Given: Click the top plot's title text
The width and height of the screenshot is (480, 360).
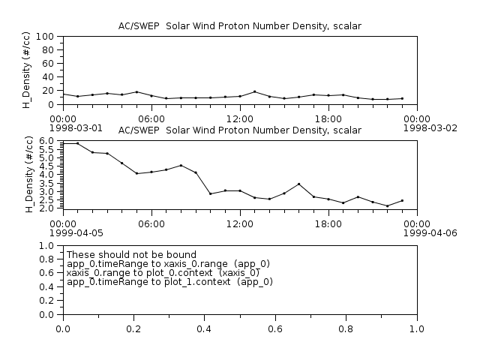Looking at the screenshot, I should (x=240, y=25).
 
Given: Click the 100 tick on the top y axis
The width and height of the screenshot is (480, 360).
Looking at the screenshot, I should (x=43, y=37).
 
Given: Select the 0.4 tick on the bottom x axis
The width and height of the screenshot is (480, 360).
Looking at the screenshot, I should (x=205, y=328).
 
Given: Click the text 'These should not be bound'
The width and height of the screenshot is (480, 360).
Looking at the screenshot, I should (x=132, y=255).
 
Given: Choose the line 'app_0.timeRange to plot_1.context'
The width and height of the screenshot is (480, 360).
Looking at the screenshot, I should (x=170, y=282).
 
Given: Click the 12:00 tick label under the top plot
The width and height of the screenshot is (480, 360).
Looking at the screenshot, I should (x=240, y=118).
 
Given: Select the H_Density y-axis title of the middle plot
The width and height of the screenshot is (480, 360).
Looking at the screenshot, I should (x=29, y=175).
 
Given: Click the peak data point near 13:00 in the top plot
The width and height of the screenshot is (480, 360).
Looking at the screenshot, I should (x=255, y=91).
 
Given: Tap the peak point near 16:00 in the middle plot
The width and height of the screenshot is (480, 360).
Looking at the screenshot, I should (x=299, y=184).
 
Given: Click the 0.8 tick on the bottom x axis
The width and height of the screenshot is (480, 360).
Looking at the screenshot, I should (x=346, y=328).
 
